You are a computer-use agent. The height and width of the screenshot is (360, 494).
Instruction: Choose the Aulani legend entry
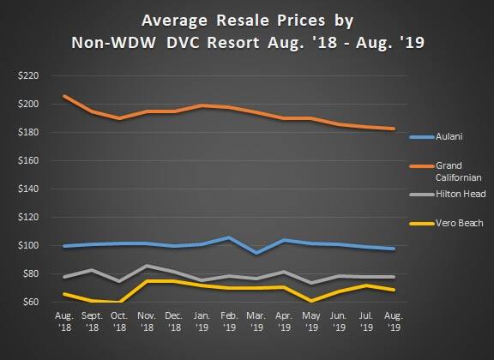(x=448, y=136)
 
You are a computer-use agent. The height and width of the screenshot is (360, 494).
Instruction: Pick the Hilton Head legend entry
(x=459, y=195)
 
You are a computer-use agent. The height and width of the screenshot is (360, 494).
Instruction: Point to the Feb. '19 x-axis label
(x=229, y=322)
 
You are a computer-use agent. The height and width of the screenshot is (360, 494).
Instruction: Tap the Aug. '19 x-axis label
(x=394, y=322)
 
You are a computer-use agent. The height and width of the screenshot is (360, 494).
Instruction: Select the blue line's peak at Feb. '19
(x=229, y=237)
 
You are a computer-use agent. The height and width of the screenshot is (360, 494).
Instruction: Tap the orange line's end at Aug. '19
(x=394, y=129)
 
